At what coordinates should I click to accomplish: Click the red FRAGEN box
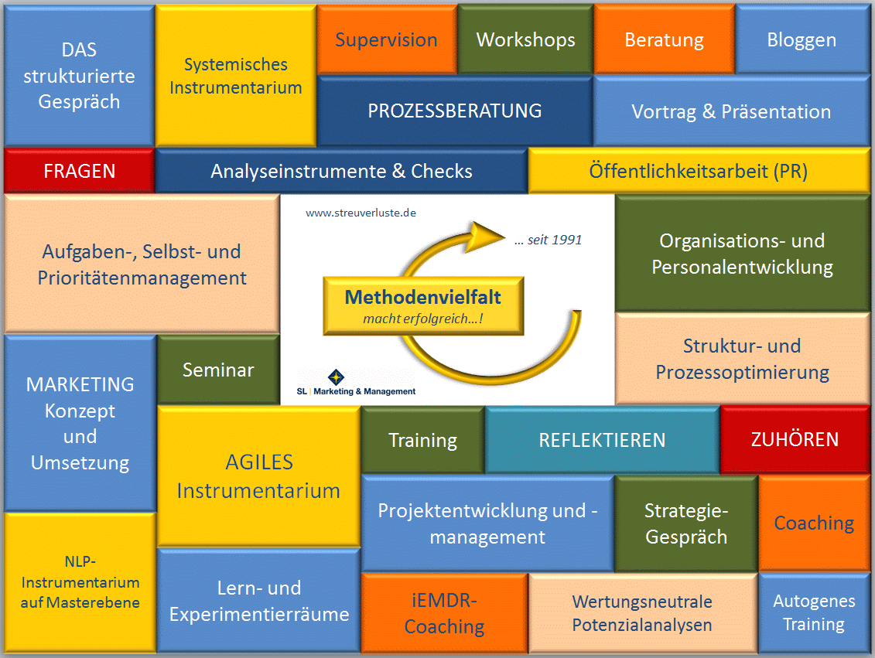(x=79, y=171)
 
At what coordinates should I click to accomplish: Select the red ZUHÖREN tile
(x=795, y=439)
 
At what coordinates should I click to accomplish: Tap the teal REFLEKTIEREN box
(x=602, y=440)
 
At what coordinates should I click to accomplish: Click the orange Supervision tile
(x=386, y=39)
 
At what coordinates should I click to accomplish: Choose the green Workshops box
(x=525, y=39)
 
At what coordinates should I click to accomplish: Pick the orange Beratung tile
(x=664, y=39)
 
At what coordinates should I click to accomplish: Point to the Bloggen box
(x=802, y=39)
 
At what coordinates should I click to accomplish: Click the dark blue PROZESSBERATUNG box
(x=454, y=111)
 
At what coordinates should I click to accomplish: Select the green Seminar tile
(x=218, y=370)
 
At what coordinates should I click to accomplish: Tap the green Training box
(x=422, y=440)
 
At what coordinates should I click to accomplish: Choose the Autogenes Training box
(x=814, y=612)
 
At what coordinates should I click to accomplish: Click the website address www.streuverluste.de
(x=361, y=212)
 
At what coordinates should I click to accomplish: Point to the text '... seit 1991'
(x=548, y=240)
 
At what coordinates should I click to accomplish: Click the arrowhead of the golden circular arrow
(x=486, y=230)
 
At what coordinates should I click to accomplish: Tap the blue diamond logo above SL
(x=337, y=377)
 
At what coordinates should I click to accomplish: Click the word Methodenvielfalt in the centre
(x=422, y=297)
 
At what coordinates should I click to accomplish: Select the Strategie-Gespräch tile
(x=685, y=523)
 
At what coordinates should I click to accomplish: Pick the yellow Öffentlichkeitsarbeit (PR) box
(x=698, y=171)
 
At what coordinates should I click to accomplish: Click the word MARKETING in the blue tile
(x=80, y=384)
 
